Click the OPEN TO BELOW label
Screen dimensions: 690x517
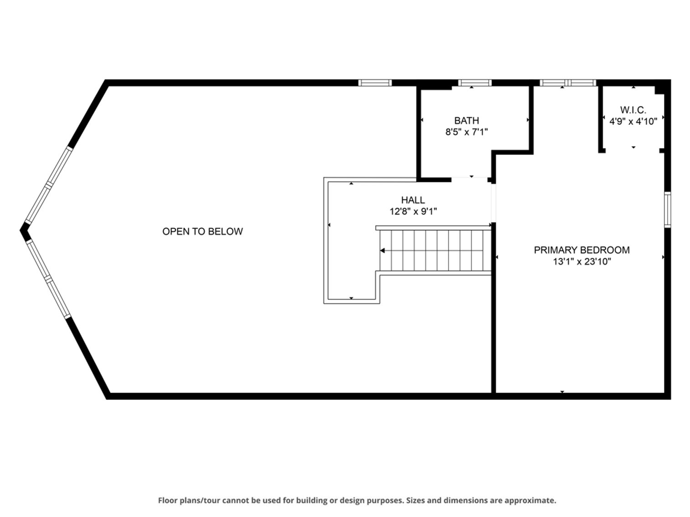click(202, 232)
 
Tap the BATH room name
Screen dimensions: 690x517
click(467, 121)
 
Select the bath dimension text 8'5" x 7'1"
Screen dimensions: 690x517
click(467, 132)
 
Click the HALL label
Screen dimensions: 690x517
click(413, 200)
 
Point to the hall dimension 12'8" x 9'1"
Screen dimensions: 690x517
click(413, 211)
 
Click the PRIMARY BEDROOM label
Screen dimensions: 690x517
click(582, 250)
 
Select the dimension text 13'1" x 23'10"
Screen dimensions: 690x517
click(582, 261)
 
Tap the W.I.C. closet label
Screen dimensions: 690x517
click(633, 110)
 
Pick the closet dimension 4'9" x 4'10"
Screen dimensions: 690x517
click(633, 121)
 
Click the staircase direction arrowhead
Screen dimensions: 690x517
click(382, 251)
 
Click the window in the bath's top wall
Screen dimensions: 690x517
click(474, 83)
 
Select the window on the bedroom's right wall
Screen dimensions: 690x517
click(667, 210)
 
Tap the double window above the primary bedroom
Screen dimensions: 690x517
click(568, 83)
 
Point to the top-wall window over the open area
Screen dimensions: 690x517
click(375, 83)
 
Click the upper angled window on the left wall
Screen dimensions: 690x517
click(49, 185)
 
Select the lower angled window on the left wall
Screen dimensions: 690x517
click(49, 279)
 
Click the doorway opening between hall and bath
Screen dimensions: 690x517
click(469, 180)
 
